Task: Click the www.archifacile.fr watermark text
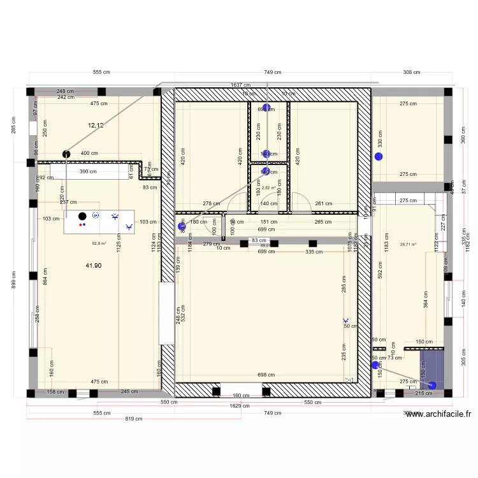pos(439,414)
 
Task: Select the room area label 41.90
pos(94,265)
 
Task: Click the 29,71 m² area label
pos(408,244)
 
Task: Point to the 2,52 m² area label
pos(270,188)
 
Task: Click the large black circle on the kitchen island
pos(82,216)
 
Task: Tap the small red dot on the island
pos(80,224)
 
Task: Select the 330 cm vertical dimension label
pos(380,137)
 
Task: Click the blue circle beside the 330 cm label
pos(379,156)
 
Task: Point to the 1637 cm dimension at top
pos(240,85)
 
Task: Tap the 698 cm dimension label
pos(266,375)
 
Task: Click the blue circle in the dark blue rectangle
pos(433,384)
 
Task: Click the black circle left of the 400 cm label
pos(66,153)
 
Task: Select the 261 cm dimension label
pos(324,204)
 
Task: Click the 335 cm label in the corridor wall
pos(312,252)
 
